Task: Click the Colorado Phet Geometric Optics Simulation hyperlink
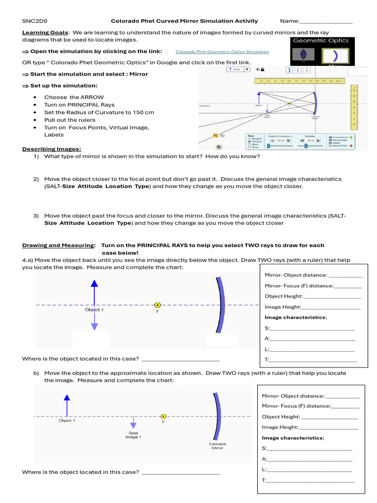[x=222, y=52]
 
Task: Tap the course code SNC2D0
[x=34, y=21]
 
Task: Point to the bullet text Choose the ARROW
[x=74, y=97]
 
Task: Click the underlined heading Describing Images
[x=52, y=149]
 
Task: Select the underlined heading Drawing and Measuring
[x=58, y=245]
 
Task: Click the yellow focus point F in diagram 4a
[x=157, y=305]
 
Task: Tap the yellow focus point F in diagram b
[x=163, y=416]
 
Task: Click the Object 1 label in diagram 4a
[x=94, y=310]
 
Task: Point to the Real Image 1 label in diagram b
[x=133, y=435]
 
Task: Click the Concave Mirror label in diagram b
[x=217, y=446]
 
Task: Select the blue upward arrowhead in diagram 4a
[x=94, y=283]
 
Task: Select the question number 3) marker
[x=36, y=216]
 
